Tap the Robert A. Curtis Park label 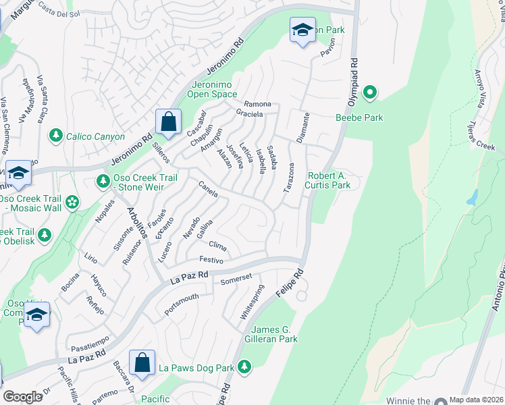[329, 180]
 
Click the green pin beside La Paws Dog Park [244, 368]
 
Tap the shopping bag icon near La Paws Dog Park [142, 363]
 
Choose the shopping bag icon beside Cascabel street [168, 123]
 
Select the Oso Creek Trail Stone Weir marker [102, 180]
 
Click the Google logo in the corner [22, 397]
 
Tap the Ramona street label [257, 105]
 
